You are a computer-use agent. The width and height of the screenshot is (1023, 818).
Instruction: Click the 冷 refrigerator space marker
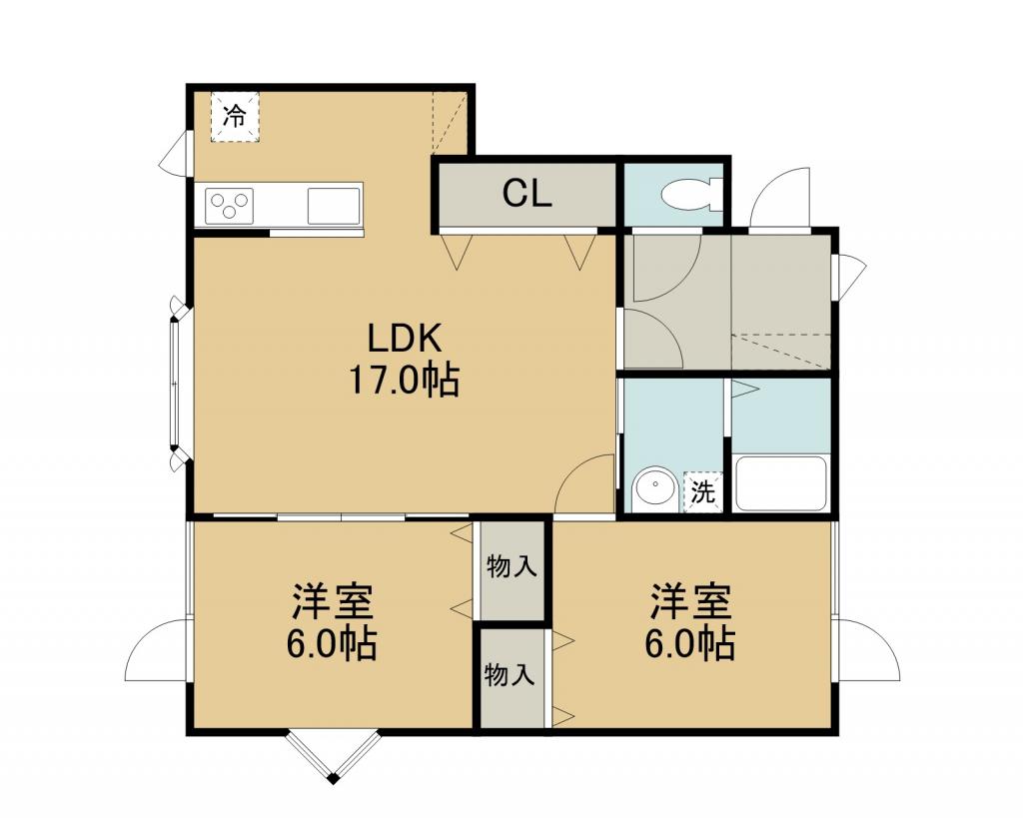coord(235,117)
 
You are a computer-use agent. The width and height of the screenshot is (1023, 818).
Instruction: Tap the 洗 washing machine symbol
coord(702,491)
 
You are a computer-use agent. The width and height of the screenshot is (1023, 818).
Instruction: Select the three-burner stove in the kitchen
coord(229,206)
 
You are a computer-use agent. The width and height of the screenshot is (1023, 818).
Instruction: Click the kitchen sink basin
coord(334,206)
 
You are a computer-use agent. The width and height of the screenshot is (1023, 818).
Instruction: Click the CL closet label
coord(527,193)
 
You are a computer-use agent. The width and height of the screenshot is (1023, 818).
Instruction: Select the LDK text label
coord(406,339)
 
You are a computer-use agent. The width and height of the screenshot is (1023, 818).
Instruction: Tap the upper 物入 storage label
coord(512,567)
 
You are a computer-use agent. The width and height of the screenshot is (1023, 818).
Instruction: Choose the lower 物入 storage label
coord(510,674)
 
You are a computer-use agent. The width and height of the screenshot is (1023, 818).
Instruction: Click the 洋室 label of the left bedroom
coord(332,601)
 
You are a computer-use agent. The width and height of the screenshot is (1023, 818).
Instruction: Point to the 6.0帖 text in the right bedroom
coord(691,643)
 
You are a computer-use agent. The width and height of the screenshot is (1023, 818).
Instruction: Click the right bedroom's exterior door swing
coord(868,651)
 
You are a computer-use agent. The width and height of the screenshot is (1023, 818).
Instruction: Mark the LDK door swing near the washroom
coord(584,483)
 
